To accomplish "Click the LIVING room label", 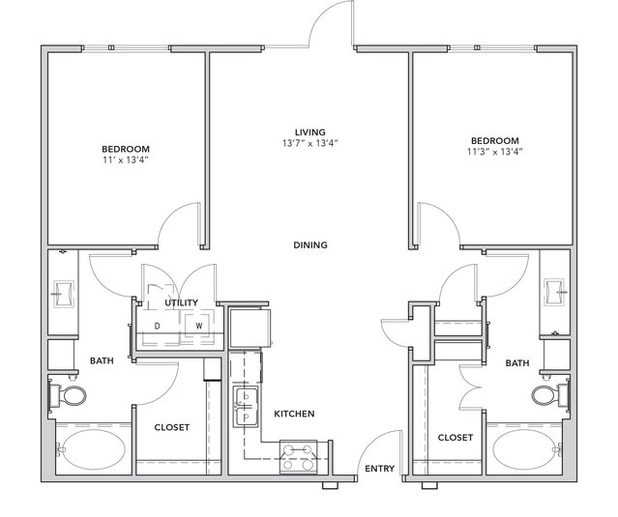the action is click(310, 132).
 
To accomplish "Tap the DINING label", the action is click(310, 244).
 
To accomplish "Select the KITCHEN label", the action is click(294, 414).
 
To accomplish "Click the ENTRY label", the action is click(379, 469).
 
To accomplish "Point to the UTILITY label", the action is click(181, 302).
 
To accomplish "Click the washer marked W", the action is click(199, 326).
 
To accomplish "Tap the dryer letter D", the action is click(158, 326).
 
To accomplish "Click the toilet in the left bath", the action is click(68, 396).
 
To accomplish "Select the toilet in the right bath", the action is click(550, 395).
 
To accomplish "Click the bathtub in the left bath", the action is click(94, 449).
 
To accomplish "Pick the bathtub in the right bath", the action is click(524, 449).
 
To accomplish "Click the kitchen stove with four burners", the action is click(298, 457).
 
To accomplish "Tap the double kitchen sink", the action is click(245, 407).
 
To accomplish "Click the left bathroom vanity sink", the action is click(63, 294).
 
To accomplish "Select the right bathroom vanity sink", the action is click(554, 292).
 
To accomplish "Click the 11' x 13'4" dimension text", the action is click(126, 159).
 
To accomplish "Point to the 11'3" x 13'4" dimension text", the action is click(494, 152).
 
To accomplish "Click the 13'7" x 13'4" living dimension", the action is click(310, 143).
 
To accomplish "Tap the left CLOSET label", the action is click(172, 427).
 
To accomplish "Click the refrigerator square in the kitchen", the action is click(250, 328).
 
